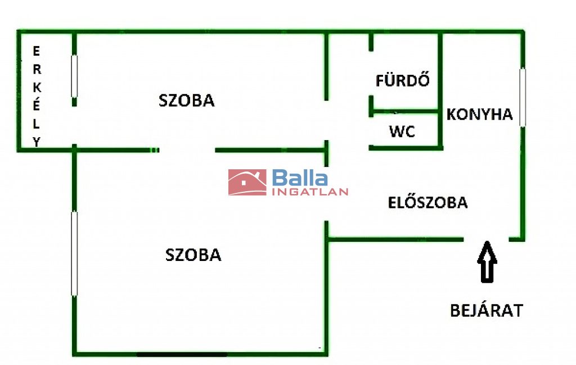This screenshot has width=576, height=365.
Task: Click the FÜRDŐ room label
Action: tap(402, 80)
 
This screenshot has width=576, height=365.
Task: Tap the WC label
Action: tap(402, 132)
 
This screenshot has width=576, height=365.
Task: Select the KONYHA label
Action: tap(479, 115)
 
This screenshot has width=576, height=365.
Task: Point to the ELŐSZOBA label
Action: tap(427, 202)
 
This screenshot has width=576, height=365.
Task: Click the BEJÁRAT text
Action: tap(487, 310)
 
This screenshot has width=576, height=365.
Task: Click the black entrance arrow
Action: tap(487, 262)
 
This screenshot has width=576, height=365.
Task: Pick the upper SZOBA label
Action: tap(186, 101)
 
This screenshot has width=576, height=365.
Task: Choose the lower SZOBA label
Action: tap(193, 255)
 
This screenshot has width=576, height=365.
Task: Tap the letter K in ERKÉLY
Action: tap(37, 88)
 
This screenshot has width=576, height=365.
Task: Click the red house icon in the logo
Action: tap(247, 182)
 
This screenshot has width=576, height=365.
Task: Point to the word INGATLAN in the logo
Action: tap(310, 192)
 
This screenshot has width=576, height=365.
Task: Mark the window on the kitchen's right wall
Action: tap(523, 97)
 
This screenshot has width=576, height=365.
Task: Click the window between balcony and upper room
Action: tap(74, 76)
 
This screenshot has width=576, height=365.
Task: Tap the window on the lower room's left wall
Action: tap(74, 254)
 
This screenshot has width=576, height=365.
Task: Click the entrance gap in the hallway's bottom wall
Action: tap(486, 240)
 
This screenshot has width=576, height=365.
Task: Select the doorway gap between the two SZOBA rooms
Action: tap(187, 150)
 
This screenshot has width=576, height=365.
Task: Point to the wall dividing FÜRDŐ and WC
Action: tap(404, 111)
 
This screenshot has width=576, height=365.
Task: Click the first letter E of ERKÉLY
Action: tap(36, 51)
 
